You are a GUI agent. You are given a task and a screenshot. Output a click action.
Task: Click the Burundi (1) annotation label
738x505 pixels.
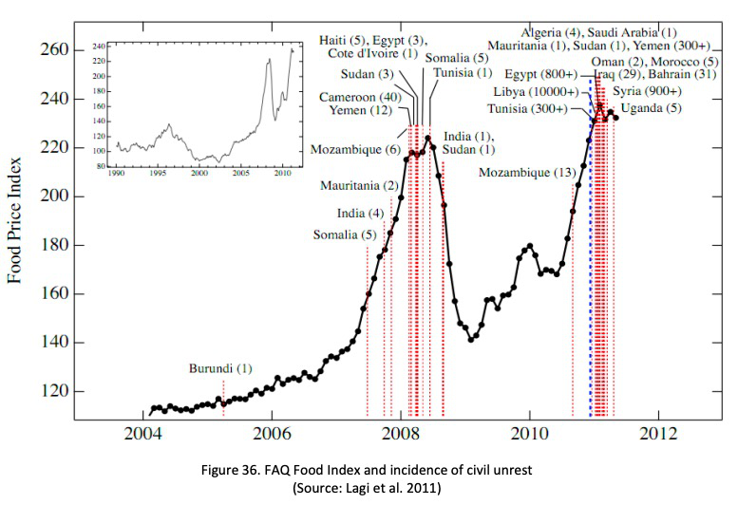220,368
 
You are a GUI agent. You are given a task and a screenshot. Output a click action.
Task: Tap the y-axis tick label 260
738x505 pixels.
54,49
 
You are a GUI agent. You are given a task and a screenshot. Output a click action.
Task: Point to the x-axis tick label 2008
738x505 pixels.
400,433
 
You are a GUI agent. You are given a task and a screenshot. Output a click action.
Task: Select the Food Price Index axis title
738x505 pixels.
14,220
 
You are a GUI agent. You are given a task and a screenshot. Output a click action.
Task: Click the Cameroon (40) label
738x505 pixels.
360,98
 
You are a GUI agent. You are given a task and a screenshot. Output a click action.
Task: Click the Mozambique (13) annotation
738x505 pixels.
527,173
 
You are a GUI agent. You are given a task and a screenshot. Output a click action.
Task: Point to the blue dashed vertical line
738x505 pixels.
591,248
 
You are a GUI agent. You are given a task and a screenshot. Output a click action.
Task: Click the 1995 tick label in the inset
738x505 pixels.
158,173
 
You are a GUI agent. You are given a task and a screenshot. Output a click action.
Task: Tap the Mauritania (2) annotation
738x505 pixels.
359,186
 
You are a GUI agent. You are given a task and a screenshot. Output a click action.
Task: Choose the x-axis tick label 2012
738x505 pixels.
658,433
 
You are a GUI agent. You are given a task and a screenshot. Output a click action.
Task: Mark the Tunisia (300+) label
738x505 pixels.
527,109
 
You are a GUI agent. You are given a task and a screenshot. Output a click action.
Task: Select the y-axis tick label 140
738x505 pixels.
54,342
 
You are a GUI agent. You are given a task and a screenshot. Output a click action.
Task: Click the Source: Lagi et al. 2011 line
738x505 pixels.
367,488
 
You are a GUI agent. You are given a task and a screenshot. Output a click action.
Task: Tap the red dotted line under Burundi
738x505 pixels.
223,398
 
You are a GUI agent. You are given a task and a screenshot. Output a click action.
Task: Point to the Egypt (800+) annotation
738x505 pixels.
540,74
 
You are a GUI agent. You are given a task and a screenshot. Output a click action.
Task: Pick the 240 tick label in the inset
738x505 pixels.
99,47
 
